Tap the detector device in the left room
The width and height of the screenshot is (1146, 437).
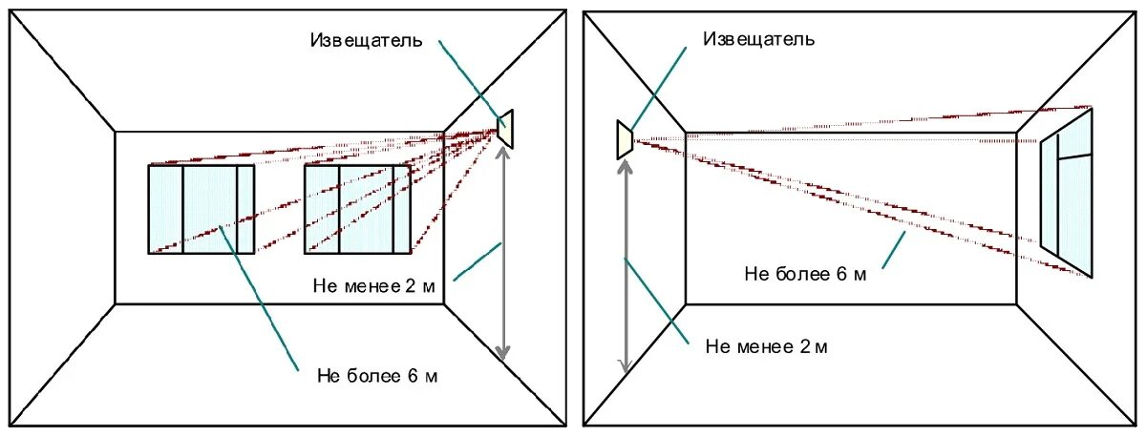[x=506, y=128]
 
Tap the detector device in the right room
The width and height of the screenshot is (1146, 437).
[x=625, y=139]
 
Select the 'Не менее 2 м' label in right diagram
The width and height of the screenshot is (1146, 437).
[x=767, y=345]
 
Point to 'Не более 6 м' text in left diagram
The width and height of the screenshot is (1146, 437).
[x=377, y=375]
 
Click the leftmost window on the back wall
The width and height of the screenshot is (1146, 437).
[x=201, y=209]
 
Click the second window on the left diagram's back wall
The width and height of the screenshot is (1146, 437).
[x=357, y=209]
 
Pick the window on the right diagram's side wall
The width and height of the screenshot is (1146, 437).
[x=1068, y=191]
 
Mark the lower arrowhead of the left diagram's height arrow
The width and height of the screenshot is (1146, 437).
[x=503, y=354]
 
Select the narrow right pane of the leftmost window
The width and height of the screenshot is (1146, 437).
[x=245, y=209]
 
